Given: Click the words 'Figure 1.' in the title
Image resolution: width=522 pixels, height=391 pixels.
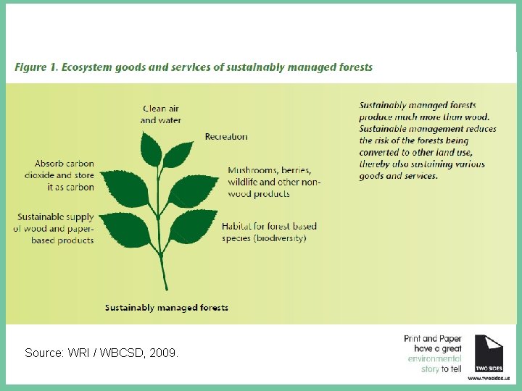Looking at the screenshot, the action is coord(36,67).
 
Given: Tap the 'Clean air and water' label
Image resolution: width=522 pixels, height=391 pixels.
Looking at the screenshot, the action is coord(161,114).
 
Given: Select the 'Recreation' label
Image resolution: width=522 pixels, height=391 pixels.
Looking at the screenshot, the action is coord(226,136).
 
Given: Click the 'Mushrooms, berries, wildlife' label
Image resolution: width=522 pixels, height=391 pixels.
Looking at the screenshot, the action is coord(270,182).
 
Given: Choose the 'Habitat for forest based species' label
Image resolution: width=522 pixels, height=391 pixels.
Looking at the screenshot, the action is coord(269,232).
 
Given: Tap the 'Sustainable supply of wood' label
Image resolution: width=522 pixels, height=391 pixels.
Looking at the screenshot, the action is coord(54,228).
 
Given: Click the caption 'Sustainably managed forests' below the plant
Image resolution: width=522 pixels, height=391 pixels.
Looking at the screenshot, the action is coord(167,308).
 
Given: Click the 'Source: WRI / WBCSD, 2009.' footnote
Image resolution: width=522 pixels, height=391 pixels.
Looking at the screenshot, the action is coord(101,353).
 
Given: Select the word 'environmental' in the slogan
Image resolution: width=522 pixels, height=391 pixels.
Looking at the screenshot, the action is coord(434,358).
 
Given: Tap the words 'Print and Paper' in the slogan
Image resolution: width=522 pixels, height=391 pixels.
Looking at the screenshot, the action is coord(432,338).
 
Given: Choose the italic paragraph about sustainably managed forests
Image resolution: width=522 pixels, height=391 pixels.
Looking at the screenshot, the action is coord(428,140).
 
